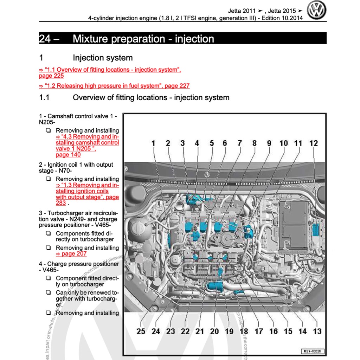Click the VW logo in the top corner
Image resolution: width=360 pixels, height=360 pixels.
[x=317, y=10]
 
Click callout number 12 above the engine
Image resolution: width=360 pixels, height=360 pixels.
[x=313, y=143]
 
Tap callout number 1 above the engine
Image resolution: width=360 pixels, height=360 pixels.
[x=153, y=143]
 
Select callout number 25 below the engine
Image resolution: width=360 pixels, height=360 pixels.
[x=141, y=331]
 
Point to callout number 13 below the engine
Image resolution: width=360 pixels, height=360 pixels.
[x=317, y=331]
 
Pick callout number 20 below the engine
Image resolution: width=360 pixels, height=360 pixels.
[x=214, y=331]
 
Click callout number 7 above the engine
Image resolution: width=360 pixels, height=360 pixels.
[x=239, y=143]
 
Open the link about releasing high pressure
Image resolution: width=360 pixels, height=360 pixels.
[x=114, y=86]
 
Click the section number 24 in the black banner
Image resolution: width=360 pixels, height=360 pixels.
[x=45, y=39]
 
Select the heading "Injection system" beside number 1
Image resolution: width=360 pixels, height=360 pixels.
[x=103, y=58]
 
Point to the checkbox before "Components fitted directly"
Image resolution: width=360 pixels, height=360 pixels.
[x=48, y=233]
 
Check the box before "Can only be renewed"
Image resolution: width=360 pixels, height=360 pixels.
[x=48, y=292]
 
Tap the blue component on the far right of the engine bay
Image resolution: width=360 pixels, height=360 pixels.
[x=315, y=230]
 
